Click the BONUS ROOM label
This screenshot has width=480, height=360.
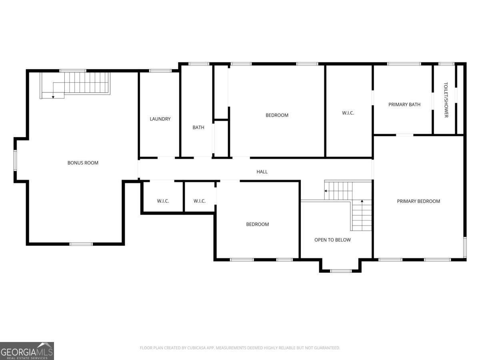point(83,163)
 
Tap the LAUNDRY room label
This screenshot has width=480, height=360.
point(160,119)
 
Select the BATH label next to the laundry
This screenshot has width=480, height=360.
point(198,128)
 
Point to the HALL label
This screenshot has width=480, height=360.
point(262,172)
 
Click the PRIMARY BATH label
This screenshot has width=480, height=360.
point(404,105)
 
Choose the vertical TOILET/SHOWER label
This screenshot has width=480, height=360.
point(446,100)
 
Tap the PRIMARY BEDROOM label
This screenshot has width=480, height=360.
point(418,201)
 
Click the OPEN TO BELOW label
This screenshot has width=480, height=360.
point(333,240)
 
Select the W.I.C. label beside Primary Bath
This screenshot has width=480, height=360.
point(348,113)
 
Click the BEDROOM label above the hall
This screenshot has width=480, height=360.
point(277,115)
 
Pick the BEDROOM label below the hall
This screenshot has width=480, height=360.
point(257,224)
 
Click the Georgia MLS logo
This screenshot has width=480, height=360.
point(27,351)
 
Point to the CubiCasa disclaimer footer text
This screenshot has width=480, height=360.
point(240,348)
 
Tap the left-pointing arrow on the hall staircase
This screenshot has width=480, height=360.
point(326,191)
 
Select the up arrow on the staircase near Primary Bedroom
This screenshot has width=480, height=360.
point(362,201)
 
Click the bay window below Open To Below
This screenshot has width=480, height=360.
point(341,271)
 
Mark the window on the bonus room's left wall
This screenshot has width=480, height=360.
point(15,160)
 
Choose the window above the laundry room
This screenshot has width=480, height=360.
point(160,71)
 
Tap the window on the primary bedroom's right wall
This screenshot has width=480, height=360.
point(465,247)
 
